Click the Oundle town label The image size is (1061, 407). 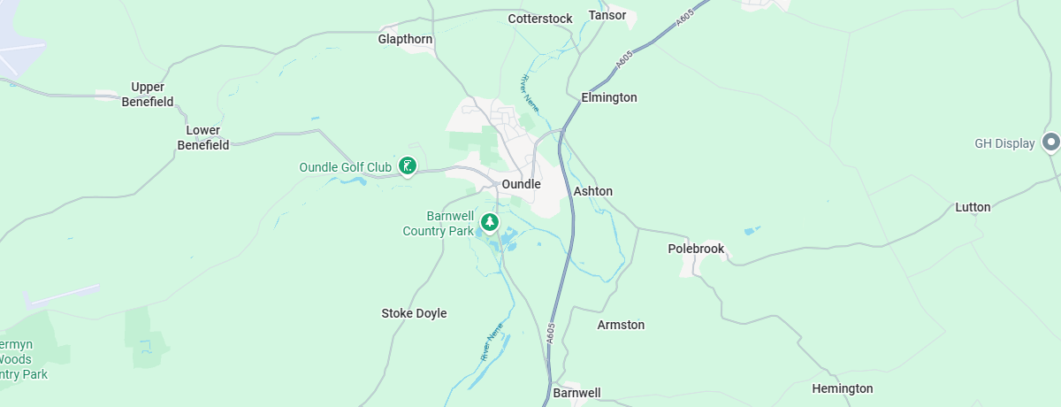521,184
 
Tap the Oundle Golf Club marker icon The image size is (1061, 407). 407,165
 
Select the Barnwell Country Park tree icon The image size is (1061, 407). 489,221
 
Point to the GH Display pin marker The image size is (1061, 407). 1051,142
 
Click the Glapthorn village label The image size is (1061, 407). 406,39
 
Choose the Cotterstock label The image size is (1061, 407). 540,19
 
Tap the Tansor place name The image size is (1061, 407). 607,15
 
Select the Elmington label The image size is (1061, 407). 609,97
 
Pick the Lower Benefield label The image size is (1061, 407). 203,138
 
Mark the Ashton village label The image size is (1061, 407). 593,191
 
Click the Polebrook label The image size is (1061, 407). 696,249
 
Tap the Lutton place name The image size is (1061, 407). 973,207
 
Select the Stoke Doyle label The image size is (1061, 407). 414,313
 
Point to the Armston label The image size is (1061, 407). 621,325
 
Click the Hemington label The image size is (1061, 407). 843,388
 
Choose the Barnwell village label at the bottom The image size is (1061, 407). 576,392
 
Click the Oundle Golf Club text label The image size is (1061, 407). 345,166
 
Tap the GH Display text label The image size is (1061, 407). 1004,143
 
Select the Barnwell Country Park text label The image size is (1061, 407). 439,223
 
